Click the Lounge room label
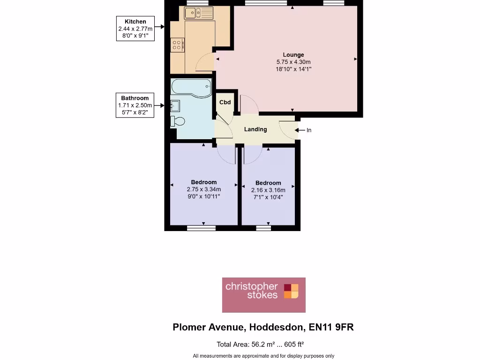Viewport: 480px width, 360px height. pyautogui.click(x=293, y=55)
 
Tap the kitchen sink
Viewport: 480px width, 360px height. pyautogui.click(x=198, y=13)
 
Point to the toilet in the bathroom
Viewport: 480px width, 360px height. pyautogui.click(x=178, y=121)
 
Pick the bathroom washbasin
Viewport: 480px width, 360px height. pyautogui.click(x=175, y=105)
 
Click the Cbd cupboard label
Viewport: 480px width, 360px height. pyautogui.click(x=225, y=102)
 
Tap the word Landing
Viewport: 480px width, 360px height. pyautogui.click(x=255, y=129)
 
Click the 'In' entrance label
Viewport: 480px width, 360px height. pyautogui.click(x=309, y=130)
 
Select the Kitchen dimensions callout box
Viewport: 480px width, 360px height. pyautogui.click(x=135, y=29)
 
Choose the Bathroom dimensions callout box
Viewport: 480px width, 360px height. pyautogui.click(x=135, y=105)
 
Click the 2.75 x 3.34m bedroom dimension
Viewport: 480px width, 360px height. pyautogui.click(x=204, y=189)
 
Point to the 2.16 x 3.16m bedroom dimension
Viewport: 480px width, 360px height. pyautogui.click(x=268, y=190)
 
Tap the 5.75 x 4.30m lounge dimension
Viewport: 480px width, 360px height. pyautogui.click(x=293, y=62)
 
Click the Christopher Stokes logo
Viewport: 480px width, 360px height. pyautogui.click(x=263, y=295)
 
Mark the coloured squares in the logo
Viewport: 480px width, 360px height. pyautogui.click(x=291, y=291)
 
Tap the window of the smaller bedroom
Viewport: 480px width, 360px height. pyautogui.click(x=263, y=228)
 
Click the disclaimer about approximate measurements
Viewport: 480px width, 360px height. pyautogui.click(x=263, y=356)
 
